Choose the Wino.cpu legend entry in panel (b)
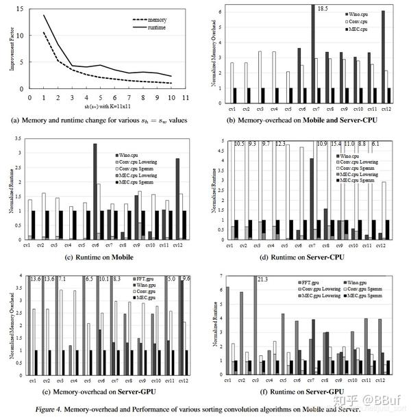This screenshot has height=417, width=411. pyautogui.click(x=357, y=14)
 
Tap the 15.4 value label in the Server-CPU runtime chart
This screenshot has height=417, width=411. pyautogui.click(x=335, y=144)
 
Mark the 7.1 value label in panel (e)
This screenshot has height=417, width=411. pyautogui.click(x=62, y=279)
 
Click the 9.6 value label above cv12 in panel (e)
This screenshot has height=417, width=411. pyautogui.click(x=186, y=279)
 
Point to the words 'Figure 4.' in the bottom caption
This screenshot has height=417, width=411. pyautogui.click(x=64, y=408)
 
